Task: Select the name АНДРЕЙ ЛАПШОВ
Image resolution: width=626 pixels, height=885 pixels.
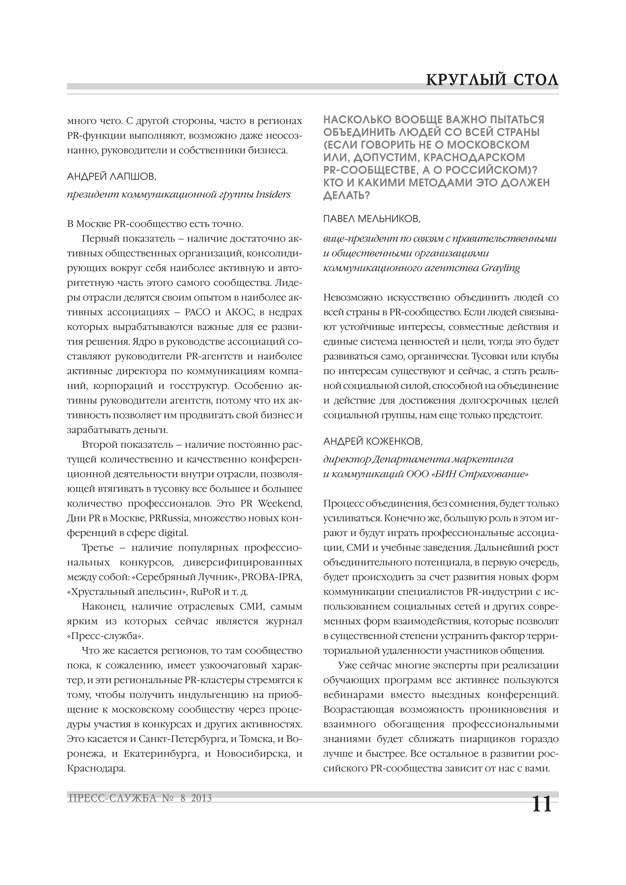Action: click(x=112, y=177)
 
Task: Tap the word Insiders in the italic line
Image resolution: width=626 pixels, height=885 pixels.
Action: click(x=273, y=195)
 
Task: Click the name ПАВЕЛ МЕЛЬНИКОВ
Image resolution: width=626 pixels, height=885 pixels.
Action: click(x=372, y=219)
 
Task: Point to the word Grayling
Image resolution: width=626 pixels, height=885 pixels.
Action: click(x=501, y=268)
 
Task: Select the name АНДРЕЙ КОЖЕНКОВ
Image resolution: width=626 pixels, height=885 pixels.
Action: click(x=373, y=441)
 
